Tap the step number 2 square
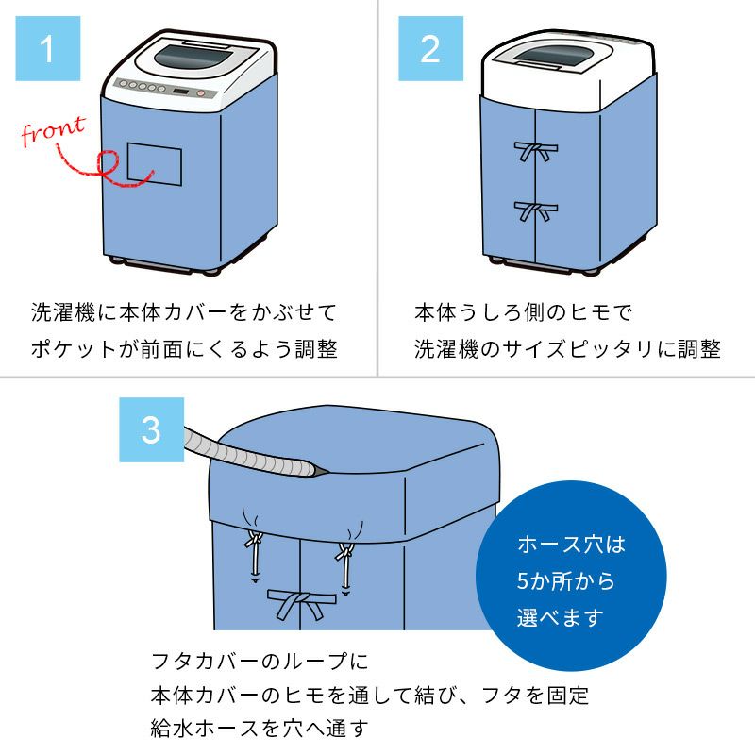tap(429, 49)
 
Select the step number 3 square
tap(151, 429)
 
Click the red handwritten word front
tap(53, 132)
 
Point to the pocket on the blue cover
tap(153, 163)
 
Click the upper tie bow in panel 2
tap(535, 151)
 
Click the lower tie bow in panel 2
tap(535, 210)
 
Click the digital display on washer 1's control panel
tap(182, 92)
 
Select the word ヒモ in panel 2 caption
tap(588, 311)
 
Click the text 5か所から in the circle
tap(565, 581)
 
